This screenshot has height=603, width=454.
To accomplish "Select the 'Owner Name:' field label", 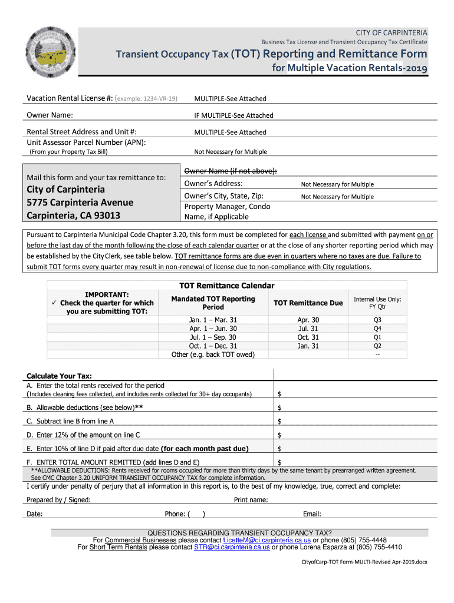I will click(50, 115).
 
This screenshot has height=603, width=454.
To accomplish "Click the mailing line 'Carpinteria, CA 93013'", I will click(74, 216).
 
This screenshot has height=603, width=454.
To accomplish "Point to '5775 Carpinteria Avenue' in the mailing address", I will click(80, 203).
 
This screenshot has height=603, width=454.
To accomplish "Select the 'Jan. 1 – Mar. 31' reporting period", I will click(213, 320).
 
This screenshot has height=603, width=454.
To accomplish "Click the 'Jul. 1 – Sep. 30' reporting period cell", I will click(213, 337).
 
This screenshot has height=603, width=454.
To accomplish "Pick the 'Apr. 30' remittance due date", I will click(308, 320).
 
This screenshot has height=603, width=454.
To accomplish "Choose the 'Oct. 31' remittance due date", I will click(308, 337).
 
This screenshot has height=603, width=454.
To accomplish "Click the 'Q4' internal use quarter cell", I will click(377, 329).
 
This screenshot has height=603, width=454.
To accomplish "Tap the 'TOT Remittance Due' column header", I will click(308, 303).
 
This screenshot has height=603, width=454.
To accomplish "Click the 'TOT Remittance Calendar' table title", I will click(227, 286).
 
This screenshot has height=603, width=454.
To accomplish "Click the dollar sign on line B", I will click(279, 408).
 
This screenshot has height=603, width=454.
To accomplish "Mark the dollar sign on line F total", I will click(279, 462).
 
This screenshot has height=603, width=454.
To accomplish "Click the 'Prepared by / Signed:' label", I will click(59, 500).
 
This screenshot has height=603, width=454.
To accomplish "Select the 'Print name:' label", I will click(251, 500).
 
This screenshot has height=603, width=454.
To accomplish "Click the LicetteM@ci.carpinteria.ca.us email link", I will click(267, 540).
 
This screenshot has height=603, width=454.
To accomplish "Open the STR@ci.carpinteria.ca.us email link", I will click(232, 547).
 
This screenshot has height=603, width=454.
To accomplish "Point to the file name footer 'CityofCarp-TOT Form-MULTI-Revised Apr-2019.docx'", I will click(361, 562).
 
